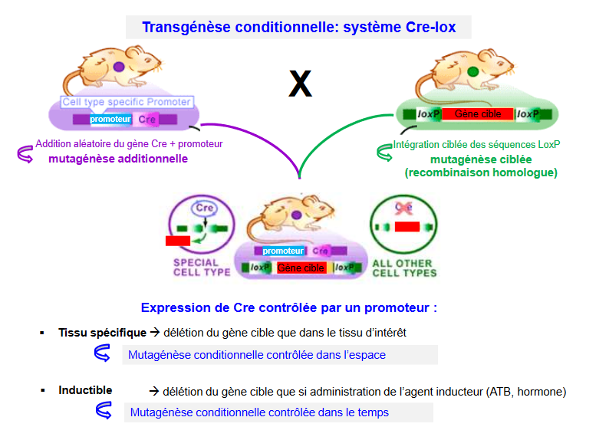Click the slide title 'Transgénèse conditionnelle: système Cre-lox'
[298, 28]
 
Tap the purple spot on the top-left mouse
[119, 67]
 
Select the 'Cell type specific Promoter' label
[127, 101]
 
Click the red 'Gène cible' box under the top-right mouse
[477, 114]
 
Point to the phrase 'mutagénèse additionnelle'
[117, 159]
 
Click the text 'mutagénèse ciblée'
[481, 159]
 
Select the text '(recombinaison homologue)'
[481, 172]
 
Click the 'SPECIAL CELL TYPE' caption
[201, 268]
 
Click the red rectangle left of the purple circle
[177, 241]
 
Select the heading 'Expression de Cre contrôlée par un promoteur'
[288, 308]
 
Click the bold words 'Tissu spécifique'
[102, 333]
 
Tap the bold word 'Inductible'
[85, 390]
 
